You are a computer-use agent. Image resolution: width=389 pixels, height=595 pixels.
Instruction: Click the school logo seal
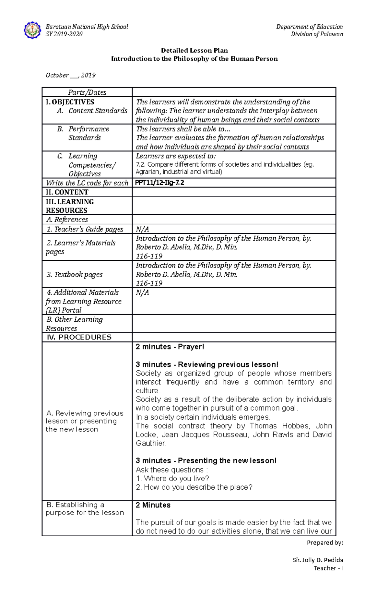[32, 30]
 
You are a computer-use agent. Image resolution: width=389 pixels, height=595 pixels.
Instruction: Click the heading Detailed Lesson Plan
[194, 50]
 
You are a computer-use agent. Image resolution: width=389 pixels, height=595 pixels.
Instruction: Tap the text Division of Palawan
[317, 34]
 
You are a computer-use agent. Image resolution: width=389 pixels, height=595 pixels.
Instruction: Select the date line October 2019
[70, 75]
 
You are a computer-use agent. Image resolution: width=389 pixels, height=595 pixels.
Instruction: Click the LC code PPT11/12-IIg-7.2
[159, 183]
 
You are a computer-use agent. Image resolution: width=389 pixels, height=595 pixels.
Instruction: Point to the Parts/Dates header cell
[87, 92]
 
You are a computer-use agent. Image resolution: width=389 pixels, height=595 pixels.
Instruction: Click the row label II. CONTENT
[67, 192]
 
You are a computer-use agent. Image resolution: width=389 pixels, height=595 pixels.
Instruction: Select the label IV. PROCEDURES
[79, 337]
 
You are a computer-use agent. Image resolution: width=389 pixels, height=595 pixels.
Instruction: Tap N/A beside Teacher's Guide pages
[142, 229]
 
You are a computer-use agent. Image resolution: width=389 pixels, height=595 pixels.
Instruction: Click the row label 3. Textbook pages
[74, 274]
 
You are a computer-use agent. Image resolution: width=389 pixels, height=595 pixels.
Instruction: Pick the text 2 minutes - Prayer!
[170, 347]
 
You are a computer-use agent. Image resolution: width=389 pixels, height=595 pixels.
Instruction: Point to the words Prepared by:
[324, 542]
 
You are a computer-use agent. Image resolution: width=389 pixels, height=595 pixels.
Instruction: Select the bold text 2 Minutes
[153, 505]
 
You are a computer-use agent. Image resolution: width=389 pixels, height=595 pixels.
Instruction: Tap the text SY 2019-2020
[64, 34]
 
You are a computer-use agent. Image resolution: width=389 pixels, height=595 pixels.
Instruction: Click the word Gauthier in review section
[151, 443]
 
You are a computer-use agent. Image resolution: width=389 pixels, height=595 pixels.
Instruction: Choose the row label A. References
[67, 220]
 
